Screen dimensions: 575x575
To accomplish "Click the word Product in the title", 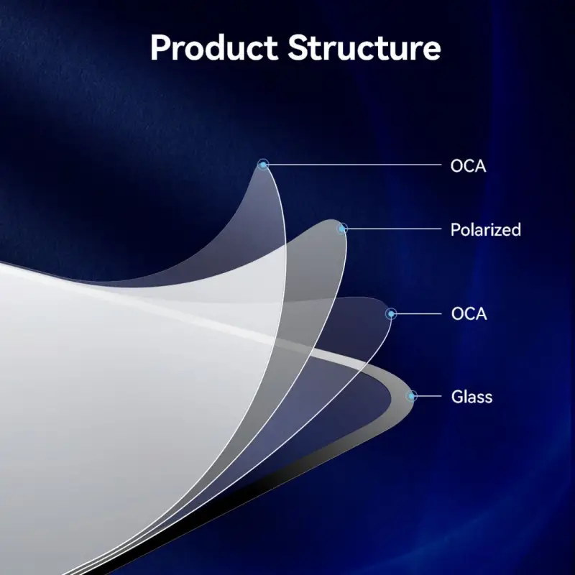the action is (213, 47).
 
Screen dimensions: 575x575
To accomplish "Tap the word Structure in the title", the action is (364, 47).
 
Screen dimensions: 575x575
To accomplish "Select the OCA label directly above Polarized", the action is (468, 166).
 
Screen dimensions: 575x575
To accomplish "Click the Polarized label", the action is (486, 230).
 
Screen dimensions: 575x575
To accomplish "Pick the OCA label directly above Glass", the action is (469, 314).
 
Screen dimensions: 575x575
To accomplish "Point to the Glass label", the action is (471, 397).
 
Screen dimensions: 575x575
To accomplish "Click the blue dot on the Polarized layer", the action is (342, 229).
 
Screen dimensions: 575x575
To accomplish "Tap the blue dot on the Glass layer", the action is (411, 396).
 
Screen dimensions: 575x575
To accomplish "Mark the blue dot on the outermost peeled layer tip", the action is (263, 165).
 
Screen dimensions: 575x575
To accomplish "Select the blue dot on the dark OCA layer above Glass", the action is (391, 314).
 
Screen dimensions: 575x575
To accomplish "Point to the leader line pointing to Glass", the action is (428, 396).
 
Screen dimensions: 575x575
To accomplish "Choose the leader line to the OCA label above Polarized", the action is (354, 165).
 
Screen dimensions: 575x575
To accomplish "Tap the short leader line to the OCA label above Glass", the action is (418, 314).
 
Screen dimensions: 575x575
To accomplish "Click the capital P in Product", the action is (161, 47).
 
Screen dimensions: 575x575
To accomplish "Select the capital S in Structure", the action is (298, 47).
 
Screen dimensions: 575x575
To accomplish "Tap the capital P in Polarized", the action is (455, 230).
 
